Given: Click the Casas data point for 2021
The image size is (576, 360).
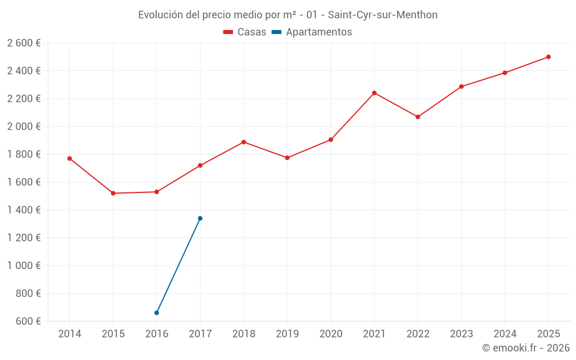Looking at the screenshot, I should tap(374, 93).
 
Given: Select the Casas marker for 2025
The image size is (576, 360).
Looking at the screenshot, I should tap(548, 57).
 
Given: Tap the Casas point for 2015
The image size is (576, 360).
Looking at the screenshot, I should tap(113, 194).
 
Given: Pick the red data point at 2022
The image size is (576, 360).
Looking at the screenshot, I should tap(418, 117).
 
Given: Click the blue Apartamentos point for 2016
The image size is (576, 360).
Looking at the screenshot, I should tap(157, 313).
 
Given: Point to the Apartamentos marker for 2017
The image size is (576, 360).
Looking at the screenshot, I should tap(200, 218).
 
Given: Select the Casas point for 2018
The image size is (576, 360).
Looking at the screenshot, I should tap(244, 142).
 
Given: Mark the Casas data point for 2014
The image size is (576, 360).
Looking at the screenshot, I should tap(70, 158).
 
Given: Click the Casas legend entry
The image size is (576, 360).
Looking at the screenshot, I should tap(245, 32).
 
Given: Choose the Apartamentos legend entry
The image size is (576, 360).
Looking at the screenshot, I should tap(312, 32).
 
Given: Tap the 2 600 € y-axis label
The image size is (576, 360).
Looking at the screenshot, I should tap(24, 43).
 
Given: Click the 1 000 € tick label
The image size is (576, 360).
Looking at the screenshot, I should tap(24, 266).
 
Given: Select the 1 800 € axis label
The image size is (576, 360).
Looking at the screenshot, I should tap(24, 154).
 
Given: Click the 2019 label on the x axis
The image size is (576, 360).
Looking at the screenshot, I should tap(287, 334).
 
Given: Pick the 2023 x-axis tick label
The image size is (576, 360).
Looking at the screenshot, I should tap(461, 334).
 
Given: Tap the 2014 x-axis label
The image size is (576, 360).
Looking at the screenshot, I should tap(70, 334).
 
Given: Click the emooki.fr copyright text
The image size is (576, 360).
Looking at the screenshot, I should tap(525, 348).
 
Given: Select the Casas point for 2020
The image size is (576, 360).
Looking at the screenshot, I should tap(331, 140).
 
